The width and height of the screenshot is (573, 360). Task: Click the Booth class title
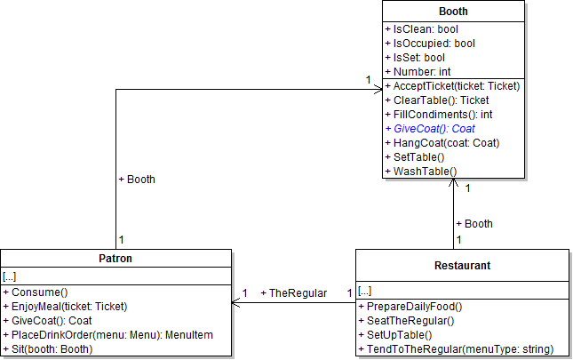(x=453, y=12)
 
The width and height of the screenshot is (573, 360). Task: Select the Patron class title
(x=116, y=259)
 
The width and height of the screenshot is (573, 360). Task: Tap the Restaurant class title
(x=462, y=265)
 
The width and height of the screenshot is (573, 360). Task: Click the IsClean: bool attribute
(x=420, y=29)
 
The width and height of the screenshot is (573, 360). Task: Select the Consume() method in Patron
(x=39, y=292)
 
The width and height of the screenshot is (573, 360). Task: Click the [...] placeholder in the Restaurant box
(x=365, y=291)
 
